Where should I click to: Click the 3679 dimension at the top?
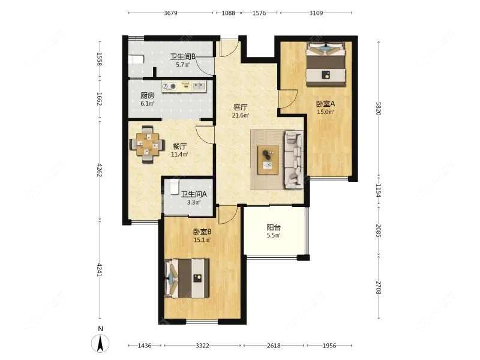point(170,13)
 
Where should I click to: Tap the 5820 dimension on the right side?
point(379,109)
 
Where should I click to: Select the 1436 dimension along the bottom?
point(145,346)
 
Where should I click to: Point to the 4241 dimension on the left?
point(99,269)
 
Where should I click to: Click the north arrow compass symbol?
point(100,343)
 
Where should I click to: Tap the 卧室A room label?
point(325,104)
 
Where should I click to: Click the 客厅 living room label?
point(241,107)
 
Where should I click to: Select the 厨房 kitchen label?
point(147,95)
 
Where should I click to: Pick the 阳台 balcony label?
point(274,227)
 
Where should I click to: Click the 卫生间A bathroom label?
point(194,194)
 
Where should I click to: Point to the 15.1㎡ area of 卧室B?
point(202,240)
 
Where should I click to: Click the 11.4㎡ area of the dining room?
point(179,154)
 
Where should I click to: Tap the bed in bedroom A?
point(326,64)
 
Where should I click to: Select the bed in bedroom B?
point(187,278)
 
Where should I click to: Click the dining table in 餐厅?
point(147,144)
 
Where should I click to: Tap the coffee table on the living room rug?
point(268,160)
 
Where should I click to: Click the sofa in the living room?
point(294,160)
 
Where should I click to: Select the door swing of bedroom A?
point(288,99)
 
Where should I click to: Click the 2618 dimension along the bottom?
point(274,346)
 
